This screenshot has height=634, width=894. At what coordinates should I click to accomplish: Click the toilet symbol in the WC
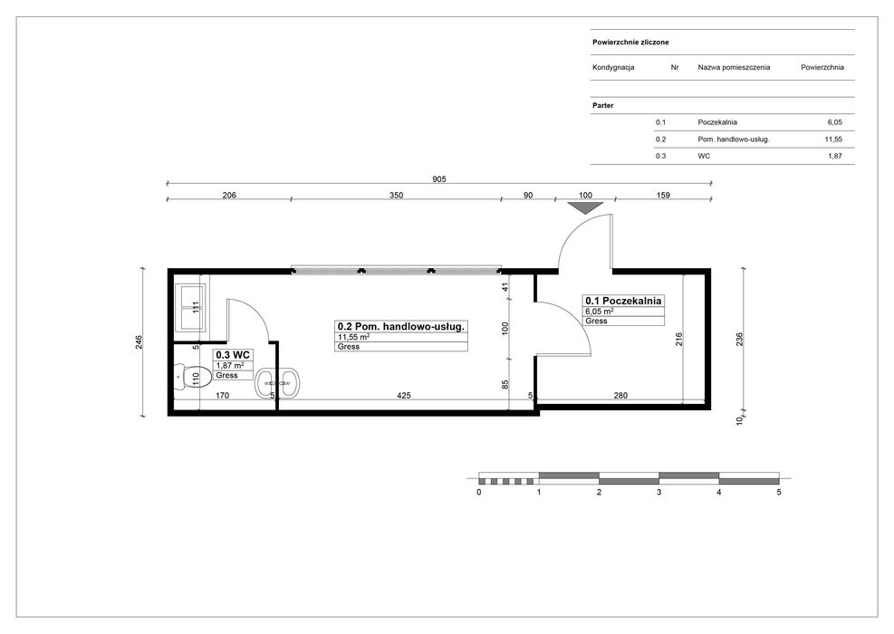tap(186, 377)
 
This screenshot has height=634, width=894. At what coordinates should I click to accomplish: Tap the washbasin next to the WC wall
tap(277, 382)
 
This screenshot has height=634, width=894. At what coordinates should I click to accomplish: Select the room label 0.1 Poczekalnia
tap(623, 301)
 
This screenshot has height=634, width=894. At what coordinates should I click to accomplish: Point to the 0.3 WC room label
tap(233, 355)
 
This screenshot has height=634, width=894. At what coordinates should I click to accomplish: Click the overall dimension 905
tap(439, 179)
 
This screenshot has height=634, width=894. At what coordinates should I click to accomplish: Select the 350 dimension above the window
tap(396, 195)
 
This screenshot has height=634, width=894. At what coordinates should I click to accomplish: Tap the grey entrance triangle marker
tap(585, 207)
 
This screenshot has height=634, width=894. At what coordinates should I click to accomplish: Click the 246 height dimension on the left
tap(139, 342)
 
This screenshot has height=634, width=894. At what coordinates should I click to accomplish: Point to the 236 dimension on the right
tap(740, 340)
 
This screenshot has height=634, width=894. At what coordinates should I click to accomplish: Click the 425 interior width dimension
tap(404, 395)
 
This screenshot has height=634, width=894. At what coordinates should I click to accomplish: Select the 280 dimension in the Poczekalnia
tap(620, 395)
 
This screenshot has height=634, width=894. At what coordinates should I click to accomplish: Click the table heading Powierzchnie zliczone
tap(630, 43)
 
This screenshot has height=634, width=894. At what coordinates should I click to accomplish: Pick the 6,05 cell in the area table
tap(835, 122)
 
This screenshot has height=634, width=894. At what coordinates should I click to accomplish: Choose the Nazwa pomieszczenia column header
tap(734, 67)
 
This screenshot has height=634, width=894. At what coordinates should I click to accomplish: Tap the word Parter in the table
tap(602, 105)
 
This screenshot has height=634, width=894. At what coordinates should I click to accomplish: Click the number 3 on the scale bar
tap(659, 492)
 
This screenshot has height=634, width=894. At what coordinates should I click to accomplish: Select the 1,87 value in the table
tap(835, 156)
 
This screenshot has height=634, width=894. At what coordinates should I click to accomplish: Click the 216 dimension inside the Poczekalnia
tap(678, 340)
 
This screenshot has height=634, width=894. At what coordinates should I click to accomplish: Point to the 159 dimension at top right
tap(663, 195)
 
